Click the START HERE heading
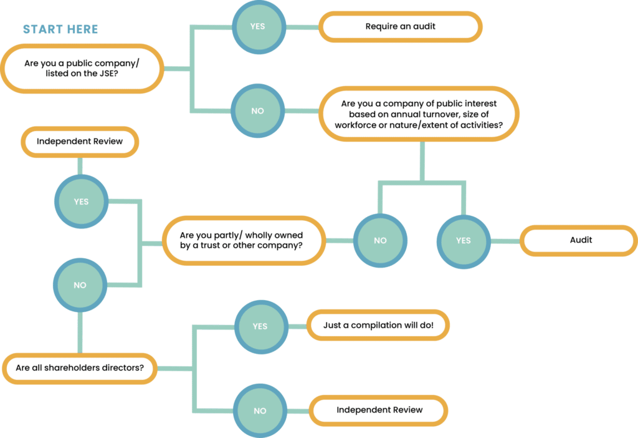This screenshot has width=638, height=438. click(60, 30)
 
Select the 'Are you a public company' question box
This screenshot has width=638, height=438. click(82, 69)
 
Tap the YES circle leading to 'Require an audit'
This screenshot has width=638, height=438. click(257, 27)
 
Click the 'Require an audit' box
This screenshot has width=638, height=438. click(400, 27)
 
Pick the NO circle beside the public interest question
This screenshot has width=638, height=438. click(257, 111)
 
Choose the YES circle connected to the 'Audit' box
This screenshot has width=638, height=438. click(463, 240)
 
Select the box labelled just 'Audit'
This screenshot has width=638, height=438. click(581, 240)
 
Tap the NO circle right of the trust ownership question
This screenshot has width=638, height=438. click(380, 240)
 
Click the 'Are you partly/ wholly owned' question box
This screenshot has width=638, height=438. click(243, 241)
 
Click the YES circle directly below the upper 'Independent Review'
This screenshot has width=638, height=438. click(80, 202)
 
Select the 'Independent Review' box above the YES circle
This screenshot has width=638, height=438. click(80, 142)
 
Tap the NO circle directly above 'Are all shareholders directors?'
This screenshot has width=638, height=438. click(80, 285)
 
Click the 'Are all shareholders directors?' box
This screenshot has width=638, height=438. click(80, 368)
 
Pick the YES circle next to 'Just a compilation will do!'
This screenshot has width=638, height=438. click(260, 326)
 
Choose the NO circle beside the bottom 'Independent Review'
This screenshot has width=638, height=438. click(260, 411)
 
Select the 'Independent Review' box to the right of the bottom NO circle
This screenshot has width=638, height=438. click(379, 410)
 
